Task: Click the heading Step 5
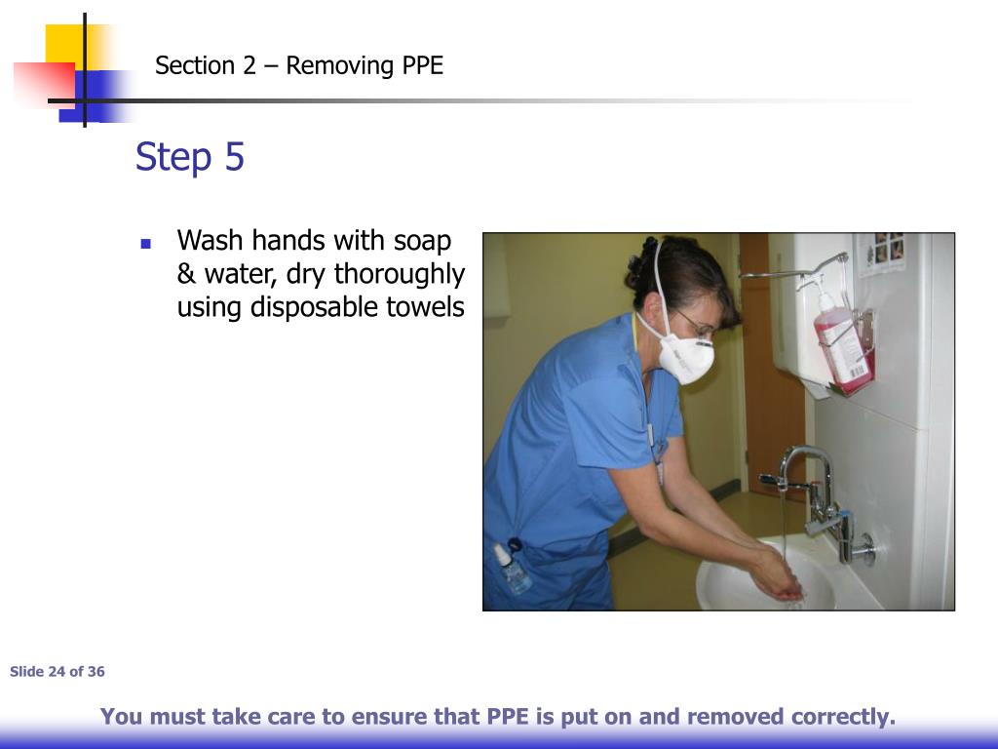click(x=190, y=157)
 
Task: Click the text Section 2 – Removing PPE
click(x=299, y=66)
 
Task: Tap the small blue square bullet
click(x=146, y=243)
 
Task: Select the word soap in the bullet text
click(x=422, y=241)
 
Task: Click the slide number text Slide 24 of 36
click(x=58, y=672)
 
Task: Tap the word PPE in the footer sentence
click(x=508, y=718)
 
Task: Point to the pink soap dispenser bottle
click(x=841, y=346)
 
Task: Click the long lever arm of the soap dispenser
click(x=789, y=272)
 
